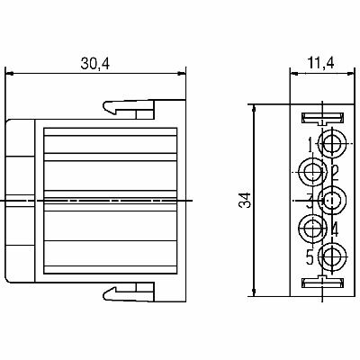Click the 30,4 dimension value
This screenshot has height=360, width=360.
(95, 63)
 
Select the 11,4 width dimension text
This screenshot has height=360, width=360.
(320, 63)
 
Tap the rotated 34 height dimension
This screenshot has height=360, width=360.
(245, 200)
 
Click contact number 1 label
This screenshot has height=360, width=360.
(312, 144)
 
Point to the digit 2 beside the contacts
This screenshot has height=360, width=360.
(335, 174)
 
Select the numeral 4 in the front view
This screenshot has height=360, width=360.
(335, 230)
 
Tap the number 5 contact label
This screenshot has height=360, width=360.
(310, 257)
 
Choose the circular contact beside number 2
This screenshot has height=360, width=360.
(313, 172)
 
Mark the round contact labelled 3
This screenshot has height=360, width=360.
(331, 200)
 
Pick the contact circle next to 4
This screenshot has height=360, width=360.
(312, 229)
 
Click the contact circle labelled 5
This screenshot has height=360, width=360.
(331, 256)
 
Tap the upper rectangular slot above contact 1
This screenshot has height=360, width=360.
(322, 118)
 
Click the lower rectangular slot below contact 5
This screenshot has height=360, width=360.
(322, 283)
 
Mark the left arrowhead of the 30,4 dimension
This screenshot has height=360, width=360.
(10, 73)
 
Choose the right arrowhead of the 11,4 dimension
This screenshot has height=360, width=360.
(350, 73)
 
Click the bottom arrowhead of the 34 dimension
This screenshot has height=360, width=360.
(254, 292)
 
